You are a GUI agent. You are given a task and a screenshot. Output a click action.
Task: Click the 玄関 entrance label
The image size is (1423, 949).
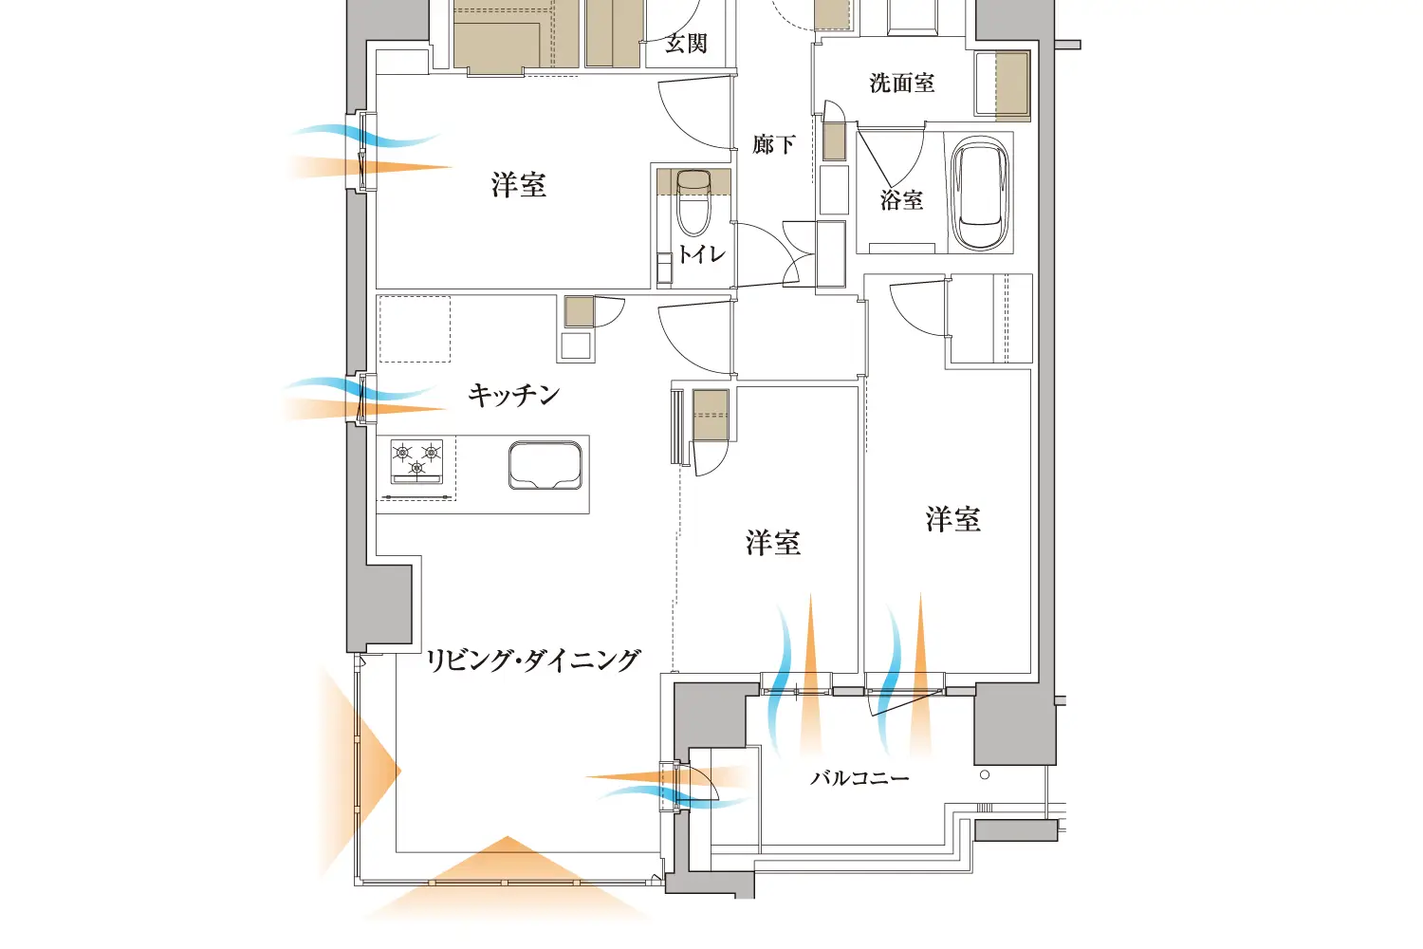pos(686,44)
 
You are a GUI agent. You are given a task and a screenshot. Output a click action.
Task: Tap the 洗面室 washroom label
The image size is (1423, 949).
pos(901,84)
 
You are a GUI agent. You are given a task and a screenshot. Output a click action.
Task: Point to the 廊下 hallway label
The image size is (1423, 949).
pos(773,144)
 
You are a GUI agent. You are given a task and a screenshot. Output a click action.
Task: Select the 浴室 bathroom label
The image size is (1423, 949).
pos(901,200)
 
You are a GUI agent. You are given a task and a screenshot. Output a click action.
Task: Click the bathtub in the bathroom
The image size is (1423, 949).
pos(979,194)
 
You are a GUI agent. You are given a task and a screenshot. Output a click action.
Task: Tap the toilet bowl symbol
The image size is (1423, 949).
pos(693,204)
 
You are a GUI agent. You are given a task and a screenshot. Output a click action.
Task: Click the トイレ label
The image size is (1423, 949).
pos(702,254)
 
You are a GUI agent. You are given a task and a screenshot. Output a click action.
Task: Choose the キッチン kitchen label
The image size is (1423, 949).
pos(513,394)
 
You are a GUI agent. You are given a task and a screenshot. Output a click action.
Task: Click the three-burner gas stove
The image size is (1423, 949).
pos(417,462)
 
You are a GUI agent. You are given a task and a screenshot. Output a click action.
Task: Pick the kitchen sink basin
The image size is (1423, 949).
pos(545,465)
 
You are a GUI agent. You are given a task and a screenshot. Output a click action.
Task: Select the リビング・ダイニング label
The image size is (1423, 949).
pos(533,661)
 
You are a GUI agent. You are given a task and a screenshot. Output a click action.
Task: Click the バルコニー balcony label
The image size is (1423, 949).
pos(859,778)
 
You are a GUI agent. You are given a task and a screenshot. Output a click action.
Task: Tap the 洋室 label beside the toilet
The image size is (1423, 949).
pos(519,185)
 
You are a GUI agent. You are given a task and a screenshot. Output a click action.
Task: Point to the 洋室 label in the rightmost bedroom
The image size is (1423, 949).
pos(952,519)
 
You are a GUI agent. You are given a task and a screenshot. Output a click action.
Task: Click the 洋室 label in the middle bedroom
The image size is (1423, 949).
pos(772,543)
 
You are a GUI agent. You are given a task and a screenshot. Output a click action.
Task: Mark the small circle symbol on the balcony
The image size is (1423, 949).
pos(985,775)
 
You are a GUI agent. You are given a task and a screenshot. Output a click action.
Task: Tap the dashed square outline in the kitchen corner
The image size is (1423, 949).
pos(415,328)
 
